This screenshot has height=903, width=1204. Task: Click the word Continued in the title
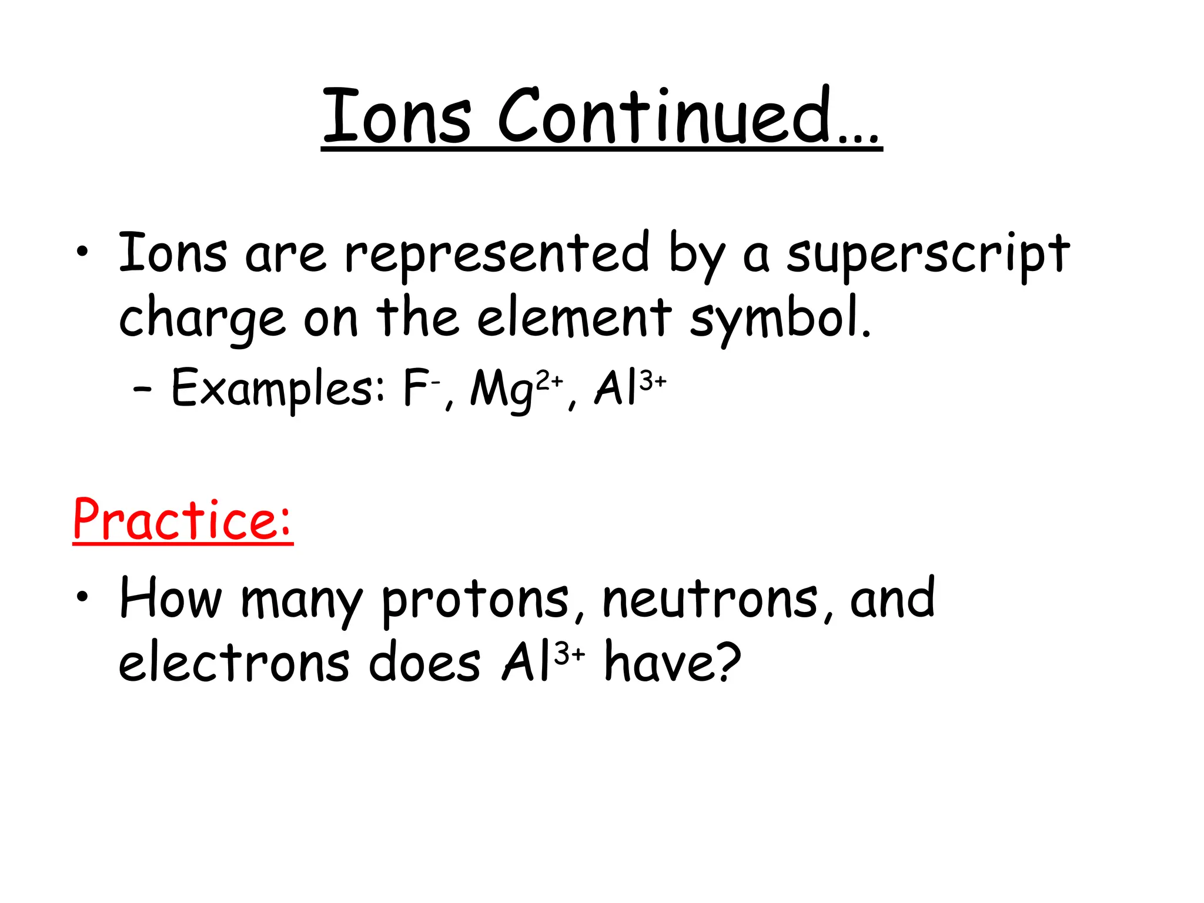click(x=688, y=116)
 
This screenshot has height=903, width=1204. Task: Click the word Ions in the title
click(x=397, y=116)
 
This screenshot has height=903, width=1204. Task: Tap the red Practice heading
click(x=183, y=520)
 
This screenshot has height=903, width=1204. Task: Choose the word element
click(x=574, y=318)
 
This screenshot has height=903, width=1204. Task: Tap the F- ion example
click(x=421, y=388)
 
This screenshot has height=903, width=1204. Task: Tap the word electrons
click(x=235, y=663)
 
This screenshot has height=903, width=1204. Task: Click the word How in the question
click(x=170, y=598)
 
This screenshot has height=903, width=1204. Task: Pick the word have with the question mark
click(x=673, y=661)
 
